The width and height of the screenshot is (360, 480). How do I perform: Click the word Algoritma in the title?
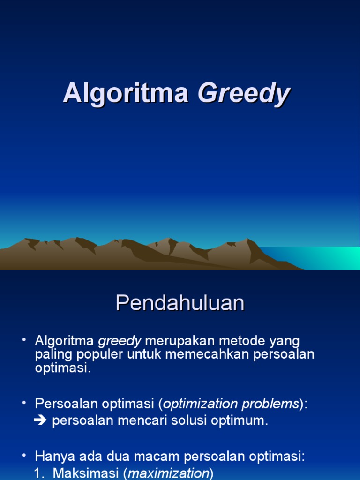pos(126,93)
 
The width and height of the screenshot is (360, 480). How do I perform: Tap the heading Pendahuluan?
pos(180,304)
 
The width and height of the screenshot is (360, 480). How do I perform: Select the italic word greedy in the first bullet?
pos(120,341)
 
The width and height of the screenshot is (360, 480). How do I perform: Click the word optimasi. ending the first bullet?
pos(62,367)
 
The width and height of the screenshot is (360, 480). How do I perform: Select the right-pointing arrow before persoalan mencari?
pos(41,420)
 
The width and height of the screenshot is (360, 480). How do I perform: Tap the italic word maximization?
pos(168,473)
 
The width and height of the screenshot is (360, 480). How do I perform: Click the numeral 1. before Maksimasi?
pos(40,473)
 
